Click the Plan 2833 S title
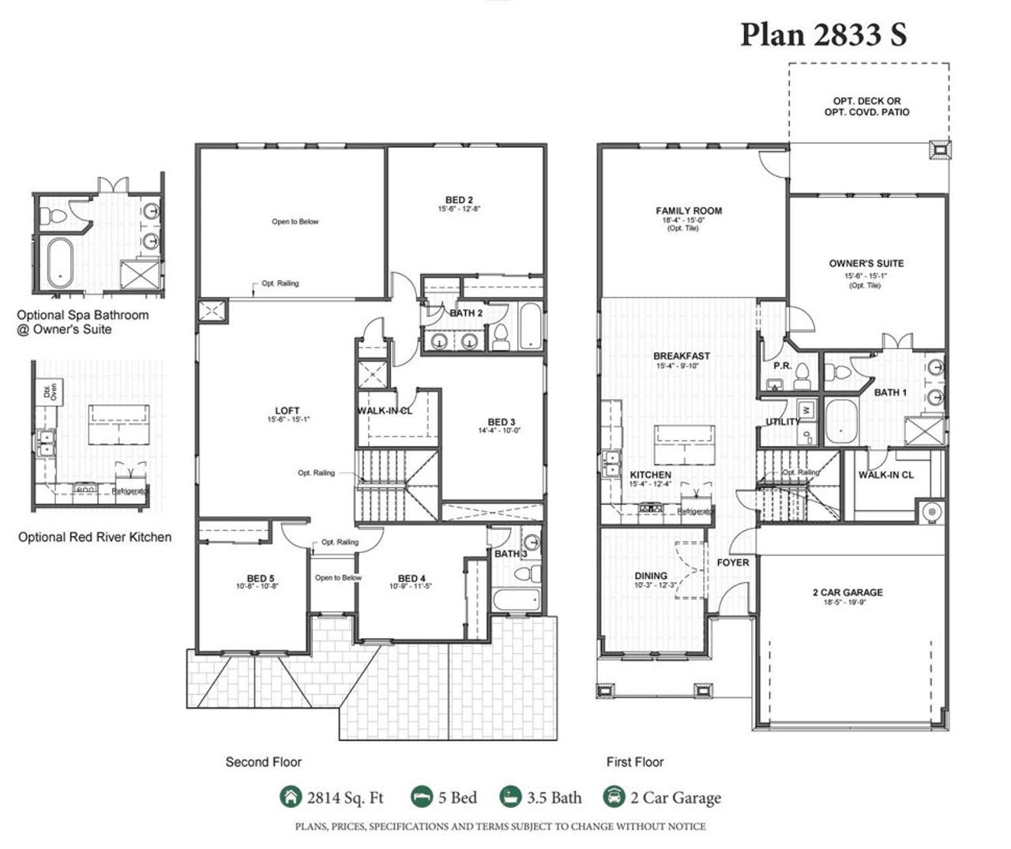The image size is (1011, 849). point(823,35)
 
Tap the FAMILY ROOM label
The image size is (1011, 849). point(689,211)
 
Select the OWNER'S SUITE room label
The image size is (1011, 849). point(866,264)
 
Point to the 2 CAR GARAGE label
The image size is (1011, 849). point(848,592)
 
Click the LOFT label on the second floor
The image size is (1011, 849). point(287,411)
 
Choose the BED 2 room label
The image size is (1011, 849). point(459,200)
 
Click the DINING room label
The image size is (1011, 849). point(651,576)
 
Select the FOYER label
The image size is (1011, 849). point(733,562)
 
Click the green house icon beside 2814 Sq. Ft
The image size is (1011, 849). point(291,797)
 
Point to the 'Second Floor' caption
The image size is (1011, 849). point(263,762)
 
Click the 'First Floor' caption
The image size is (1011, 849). point(634,762)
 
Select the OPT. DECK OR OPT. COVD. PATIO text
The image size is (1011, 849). point(866,107)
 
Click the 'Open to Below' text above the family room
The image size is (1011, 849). point(295,222)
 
